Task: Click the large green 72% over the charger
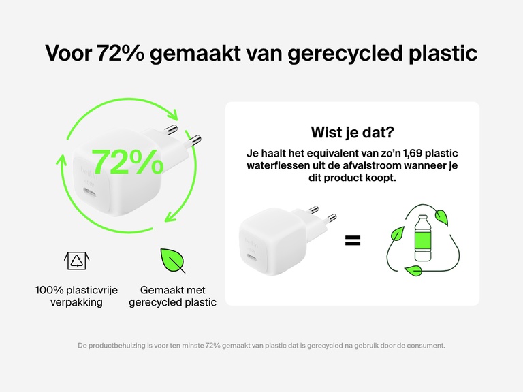[127, 163]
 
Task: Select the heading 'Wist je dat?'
[352, 132]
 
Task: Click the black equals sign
[352, 240]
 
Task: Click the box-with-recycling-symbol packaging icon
[76, 259]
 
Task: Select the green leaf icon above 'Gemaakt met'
[172, 260]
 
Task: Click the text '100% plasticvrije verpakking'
[76, 296]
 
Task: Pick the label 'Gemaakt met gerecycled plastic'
[172, 296]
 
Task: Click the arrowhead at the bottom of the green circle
[169, 219]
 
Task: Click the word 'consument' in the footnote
[424, 346]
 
